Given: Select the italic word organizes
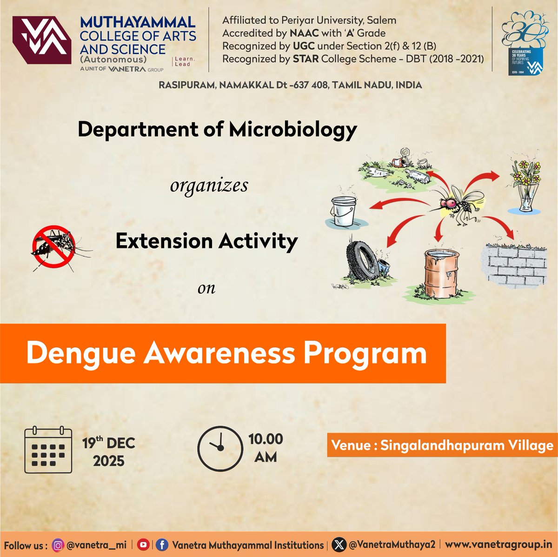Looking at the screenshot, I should [209, 186].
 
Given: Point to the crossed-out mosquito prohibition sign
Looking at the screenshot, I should [53, 246].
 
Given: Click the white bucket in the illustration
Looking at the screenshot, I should [343, 210].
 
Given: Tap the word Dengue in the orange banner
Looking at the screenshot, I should [81, 353].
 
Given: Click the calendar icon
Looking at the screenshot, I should [48, 450].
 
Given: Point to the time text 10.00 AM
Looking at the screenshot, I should [266, 448].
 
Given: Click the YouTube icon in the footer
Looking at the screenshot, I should [144, 545].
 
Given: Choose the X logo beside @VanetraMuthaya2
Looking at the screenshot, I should [340, 545].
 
